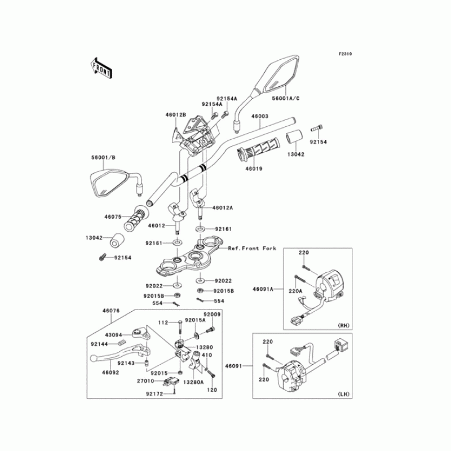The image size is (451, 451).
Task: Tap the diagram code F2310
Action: pyautogui.click(x=345, y=54)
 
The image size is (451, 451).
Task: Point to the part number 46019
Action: pyautogui.click(x=253, y=167)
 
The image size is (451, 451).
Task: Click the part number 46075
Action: pyautogui.click(x=113, y=215)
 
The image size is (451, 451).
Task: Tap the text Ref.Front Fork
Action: pyautogui.click(x=252, y=249)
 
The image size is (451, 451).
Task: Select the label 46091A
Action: pyautogui.click(x=263, y=289)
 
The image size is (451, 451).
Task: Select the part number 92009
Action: pyautogui.click(x=211, y=313)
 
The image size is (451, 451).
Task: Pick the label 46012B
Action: pyautogui.click(x=175, y=114)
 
